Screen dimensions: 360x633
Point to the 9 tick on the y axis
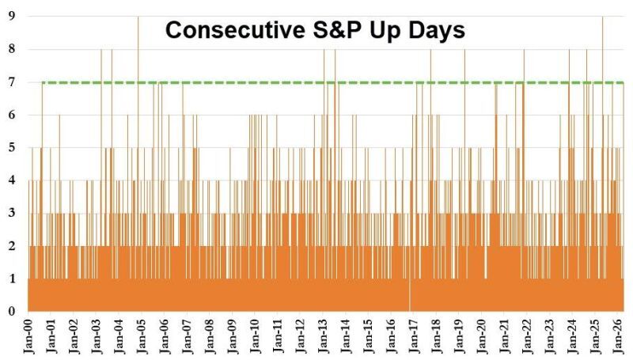[12, 16]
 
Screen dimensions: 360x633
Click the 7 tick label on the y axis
[12, 81]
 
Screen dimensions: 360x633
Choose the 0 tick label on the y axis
[12, 311]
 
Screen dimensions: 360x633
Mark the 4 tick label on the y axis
[12, 180]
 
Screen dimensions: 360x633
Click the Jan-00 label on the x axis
[28, 337]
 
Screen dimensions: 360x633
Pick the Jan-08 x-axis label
[210, 337]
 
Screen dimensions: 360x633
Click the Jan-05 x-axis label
[142, 337]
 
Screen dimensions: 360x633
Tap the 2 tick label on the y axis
[12, 246]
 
